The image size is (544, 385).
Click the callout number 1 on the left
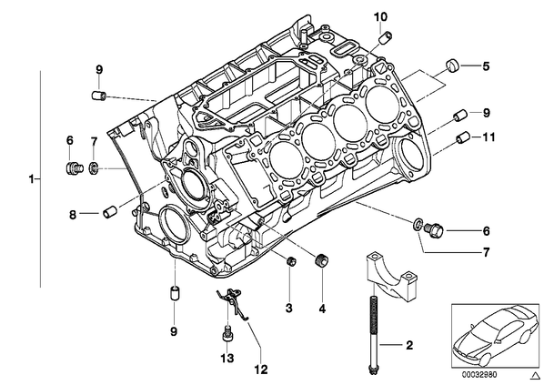(32, 179)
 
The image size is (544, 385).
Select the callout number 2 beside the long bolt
(409, 345)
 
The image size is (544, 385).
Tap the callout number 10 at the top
(380, 16)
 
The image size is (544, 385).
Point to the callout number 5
(486, 66)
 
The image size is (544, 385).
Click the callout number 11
(489, 137)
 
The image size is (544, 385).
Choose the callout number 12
(261, 370)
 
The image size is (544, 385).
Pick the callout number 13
(227, 358)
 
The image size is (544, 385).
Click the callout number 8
(73, 215)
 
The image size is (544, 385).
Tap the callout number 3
(289, 308)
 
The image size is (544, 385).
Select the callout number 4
(322, 309)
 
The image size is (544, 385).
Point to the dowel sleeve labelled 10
(386, 37)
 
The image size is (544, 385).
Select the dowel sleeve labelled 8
(110, 211)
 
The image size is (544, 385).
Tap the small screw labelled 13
(227, 334)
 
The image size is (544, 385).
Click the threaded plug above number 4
(322, 260)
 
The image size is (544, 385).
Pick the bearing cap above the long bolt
(390, 276)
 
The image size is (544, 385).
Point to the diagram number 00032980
(479, 375)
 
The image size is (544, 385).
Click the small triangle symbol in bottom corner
(535, 375)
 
